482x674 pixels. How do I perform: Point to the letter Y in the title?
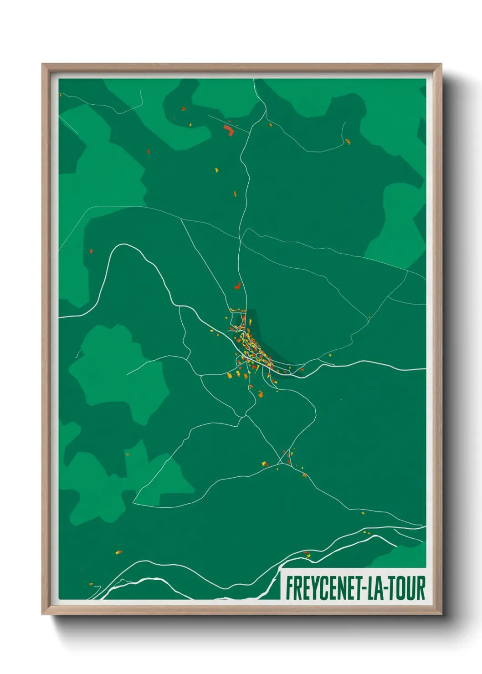pos(312,588)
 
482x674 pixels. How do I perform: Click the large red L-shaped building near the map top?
pos(229,130)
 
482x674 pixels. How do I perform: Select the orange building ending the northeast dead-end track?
pos(348,142)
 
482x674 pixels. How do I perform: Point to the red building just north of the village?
pos(237,286)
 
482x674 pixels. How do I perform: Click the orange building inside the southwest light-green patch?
pos(127,454)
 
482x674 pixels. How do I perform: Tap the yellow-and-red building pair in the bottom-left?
pos(118,552)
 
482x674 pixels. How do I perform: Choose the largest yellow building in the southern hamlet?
pos(264,464)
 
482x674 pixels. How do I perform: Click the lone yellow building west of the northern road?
pos(216,170)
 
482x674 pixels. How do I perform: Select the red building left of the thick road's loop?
pos(91,251)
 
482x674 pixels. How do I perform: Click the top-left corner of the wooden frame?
pos(43,65)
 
